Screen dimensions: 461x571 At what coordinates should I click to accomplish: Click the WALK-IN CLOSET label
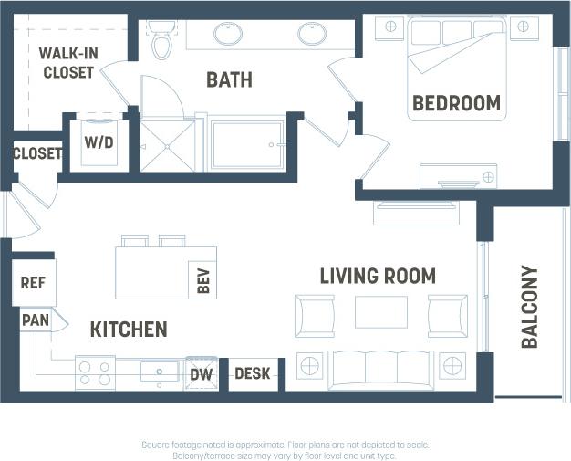click(67, 62)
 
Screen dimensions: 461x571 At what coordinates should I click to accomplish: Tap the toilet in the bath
click(161, 40)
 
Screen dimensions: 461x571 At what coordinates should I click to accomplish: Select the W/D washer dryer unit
click(99, 142)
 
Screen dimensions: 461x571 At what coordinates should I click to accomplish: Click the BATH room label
click(229, 80)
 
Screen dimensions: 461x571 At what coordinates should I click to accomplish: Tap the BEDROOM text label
click(456, 103)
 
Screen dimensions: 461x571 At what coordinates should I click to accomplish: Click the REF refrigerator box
click(33, 283)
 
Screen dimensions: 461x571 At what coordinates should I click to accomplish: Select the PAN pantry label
click(36, 320)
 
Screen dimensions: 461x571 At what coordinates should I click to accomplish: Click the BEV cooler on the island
click(202, 280)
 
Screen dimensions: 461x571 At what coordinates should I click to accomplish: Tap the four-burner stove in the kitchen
click(94, 372)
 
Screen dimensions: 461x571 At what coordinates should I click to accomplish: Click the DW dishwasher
click(201, 372)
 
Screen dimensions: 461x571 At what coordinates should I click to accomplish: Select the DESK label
click(252, 373)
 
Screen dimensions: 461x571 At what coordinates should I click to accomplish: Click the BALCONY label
click(529, 307)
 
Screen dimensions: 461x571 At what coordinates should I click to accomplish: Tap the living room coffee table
click(380, 312)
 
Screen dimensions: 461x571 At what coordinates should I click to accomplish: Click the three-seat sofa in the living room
click(380, 367)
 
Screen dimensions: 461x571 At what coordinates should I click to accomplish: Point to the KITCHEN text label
click(129, 329)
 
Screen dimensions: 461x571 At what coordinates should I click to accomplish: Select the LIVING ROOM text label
click(378, 276)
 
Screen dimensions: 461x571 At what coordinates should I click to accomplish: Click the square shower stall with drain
click(166, 144)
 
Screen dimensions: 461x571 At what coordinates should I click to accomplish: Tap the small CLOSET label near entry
click(37, 153)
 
